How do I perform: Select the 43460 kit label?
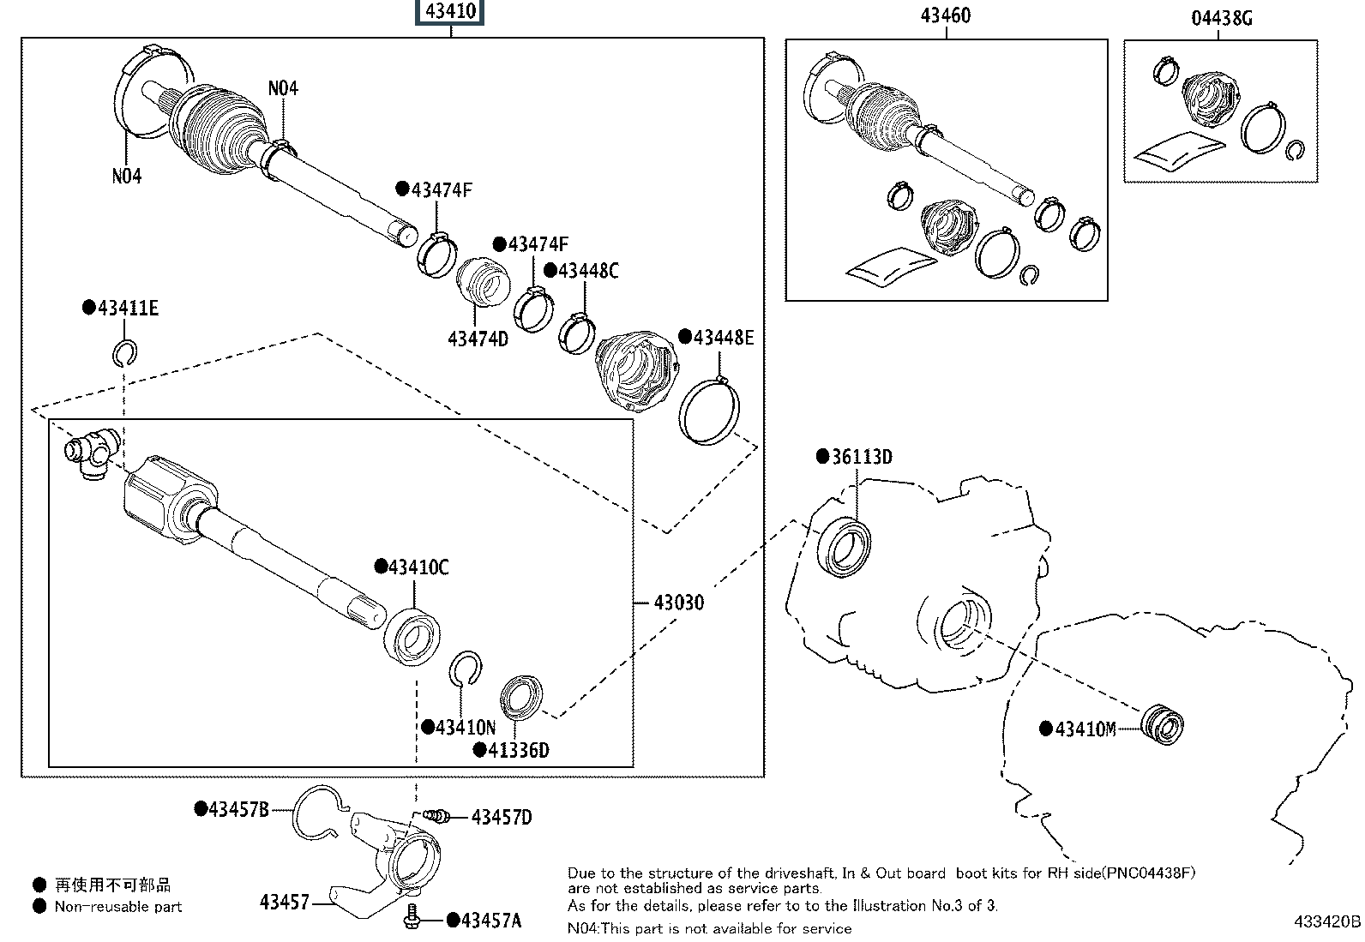pyautogui.click(x=947, y=15)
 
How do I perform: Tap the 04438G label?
pyautogui.click(x=1221, y=17)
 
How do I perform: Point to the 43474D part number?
pyautogui.click(x=478, y=339)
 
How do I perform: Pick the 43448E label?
pyautogui.click(x=723, y=338)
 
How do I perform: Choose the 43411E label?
pyautogui.click(x=127, y=309)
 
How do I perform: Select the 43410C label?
pyautogui.click(x=418, y=567)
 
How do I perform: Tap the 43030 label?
pyautogui.click(x=678, y=603)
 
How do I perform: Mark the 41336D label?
pyautogui.click(x=518, y=751)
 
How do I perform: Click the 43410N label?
pyautogui.click(x=465, y=728)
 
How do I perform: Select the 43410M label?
pyautogui.click(x=1085, y=729)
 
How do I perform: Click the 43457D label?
pyautogui.click(x=502, y=818)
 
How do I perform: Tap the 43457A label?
pyautogui.click(x=490, y=921)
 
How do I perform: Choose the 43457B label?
pyautogui.click(x=238, y=808)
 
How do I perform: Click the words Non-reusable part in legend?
pyautogui.click(x=118, y=906)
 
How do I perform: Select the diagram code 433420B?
pyautogui.click(x=1327, y=922)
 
